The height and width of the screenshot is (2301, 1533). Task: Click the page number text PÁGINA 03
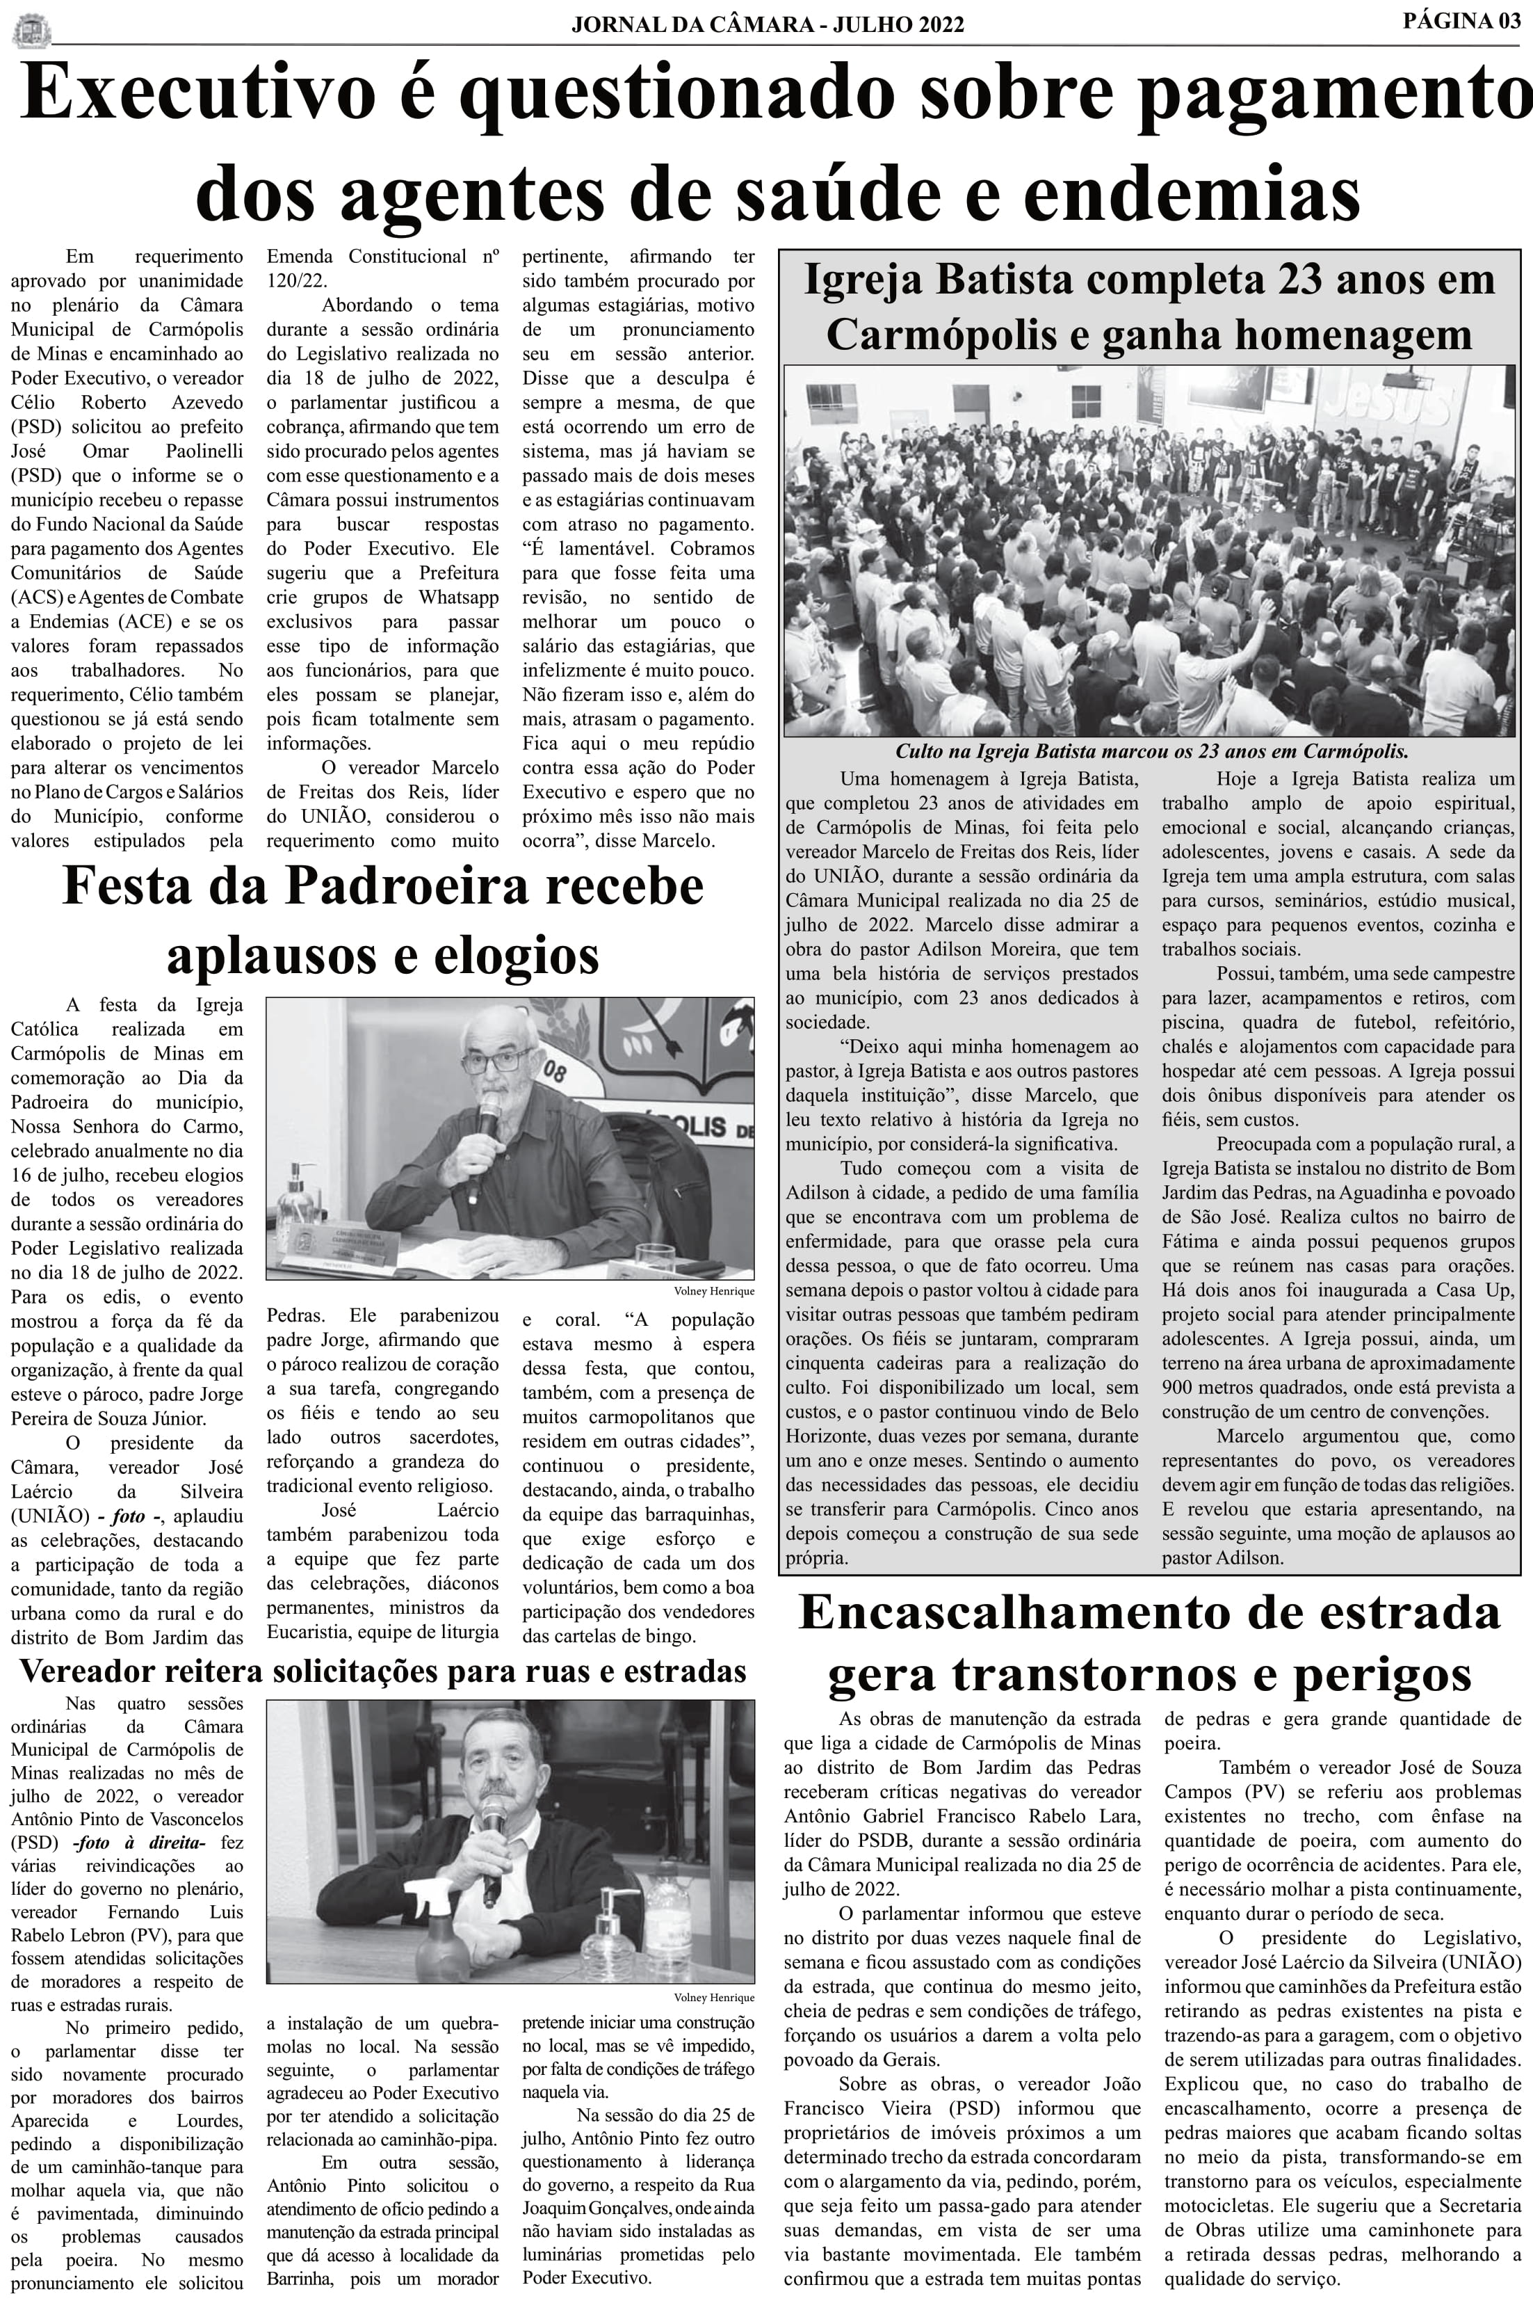pyautogui.click(x=1461, y=21)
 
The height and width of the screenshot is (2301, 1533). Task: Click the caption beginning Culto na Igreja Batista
pyautogui.click(x=1151, y=751)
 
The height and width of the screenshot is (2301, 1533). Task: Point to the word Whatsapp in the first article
pyautogui.click(x=460, y=598)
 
